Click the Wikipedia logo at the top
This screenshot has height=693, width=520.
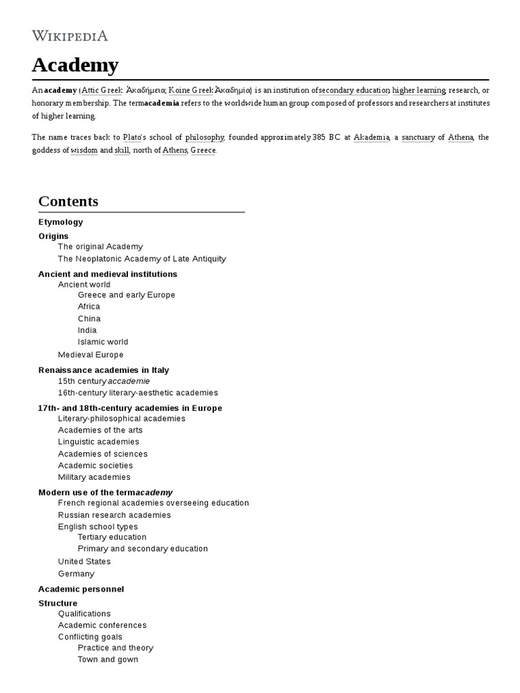[x=70, y=36]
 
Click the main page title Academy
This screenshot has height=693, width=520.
[x=75, y=66]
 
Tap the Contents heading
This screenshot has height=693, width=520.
[x=68, y=201]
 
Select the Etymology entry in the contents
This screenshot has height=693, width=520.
[x=61, y=222]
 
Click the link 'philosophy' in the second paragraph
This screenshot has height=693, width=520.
[x=204, y=137]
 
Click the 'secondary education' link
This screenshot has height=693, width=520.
[x=353, y=90]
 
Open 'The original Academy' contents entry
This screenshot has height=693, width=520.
[x=100, y=247]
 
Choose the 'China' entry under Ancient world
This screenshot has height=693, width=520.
[x=89, y=319]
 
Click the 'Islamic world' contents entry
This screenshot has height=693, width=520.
[x=103, y=342]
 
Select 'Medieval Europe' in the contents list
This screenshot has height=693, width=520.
[x=91, y=355]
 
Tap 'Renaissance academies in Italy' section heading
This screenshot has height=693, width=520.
[x=104, y=370]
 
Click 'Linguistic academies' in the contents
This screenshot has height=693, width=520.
[x=99, y=442]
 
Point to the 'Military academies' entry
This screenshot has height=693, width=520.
[x=94, y=477]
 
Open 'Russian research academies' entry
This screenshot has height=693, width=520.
[x=114, y=515]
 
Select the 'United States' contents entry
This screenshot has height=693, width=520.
[x=85, y=562]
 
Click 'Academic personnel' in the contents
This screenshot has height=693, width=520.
[x=81, y=589]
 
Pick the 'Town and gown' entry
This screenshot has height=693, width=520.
[x=108, y=660]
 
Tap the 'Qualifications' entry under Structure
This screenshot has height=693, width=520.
[x=85, y=614]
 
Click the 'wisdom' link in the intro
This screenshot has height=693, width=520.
[x=84, y=150]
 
